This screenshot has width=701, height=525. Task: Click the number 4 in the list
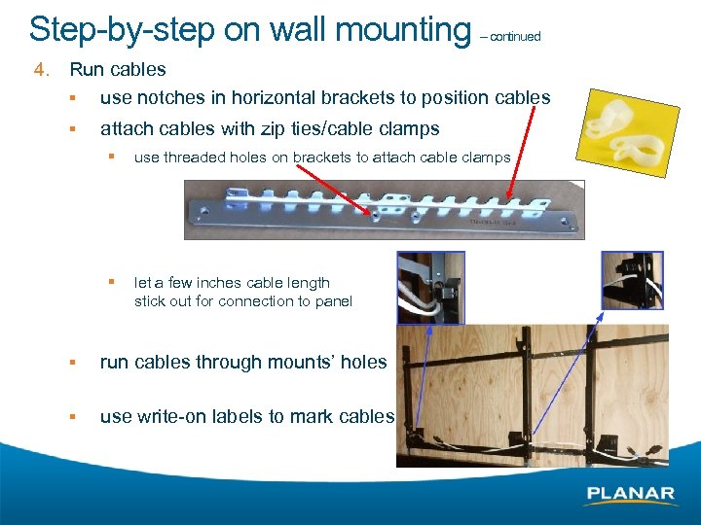coord(39,70)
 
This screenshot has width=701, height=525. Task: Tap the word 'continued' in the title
coord(515,37)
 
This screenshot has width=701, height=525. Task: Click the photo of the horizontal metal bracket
coord(385,210)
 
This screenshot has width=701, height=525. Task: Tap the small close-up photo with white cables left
coord(431,287)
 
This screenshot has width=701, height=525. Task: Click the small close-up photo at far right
coord(632,281)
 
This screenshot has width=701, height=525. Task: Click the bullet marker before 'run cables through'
coord(72,363)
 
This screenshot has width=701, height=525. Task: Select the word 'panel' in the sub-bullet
coord(332,301)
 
